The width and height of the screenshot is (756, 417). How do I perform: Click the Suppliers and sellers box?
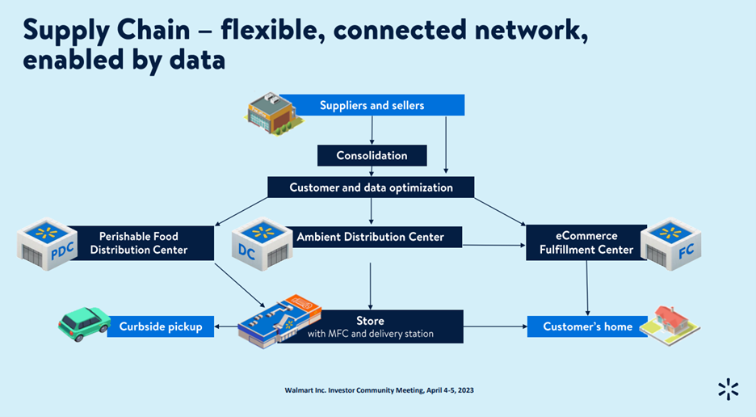372,105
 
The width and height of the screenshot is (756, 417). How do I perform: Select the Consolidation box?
372,155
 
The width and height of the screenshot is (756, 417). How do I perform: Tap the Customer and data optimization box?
372,187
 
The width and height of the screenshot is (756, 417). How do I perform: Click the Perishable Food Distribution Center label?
139,243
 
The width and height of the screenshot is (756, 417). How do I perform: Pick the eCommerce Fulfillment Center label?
587,243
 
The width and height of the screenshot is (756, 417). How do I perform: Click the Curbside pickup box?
161,326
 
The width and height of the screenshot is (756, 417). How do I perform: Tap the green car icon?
83,322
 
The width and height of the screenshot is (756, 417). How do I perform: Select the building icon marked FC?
670,242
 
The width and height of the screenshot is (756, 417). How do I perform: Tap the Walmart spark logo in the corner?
728,389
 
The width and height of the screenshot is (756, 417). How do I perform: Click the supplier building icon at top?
272,112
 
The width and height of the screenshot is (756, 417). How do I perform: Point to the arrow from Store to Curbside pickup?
226,326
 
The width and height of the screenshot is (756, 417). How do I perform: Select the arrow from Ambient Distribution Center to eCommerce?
494,245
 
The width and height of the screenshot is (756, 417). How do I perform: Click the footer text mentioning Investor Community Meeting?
379,390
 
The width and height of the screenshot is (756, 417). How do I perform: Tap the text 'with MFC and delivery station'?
370,334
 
